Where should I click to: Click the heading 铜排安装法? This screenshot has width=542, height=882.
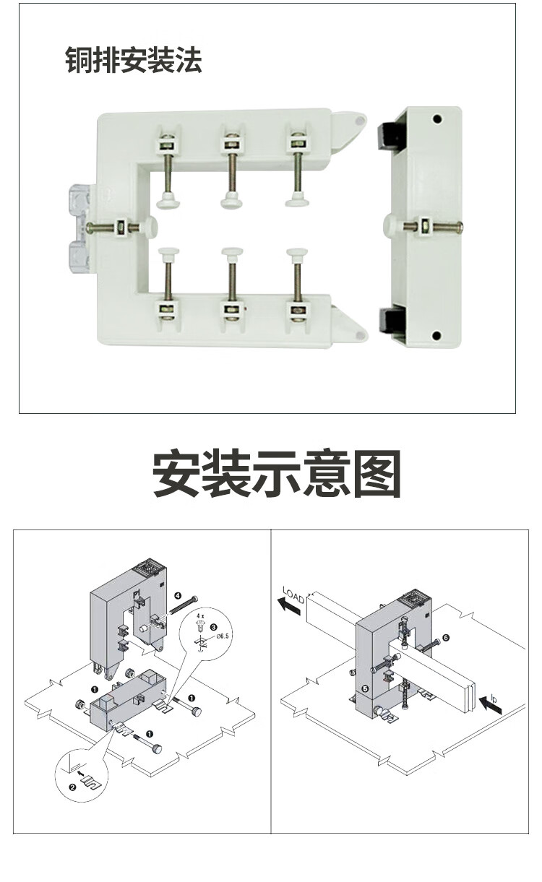[x=134, y=61]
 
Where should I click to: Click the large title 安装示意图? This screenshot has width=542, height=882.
[x=277, y=475]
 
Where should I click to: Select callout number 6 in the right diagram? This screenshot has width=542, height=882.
[x=446, y=638]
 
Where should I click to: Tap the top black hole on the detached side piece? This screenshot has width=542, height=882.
[x=436, y=119]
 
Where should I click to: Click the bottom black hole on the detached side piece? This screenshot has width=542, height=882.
[x=436, y=335]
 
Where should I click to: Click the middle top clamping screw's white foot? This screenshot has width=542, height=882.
[x=232, y=198]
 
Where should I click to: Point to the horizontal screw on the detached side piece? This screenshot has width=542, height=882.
[x=434, y=227]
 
